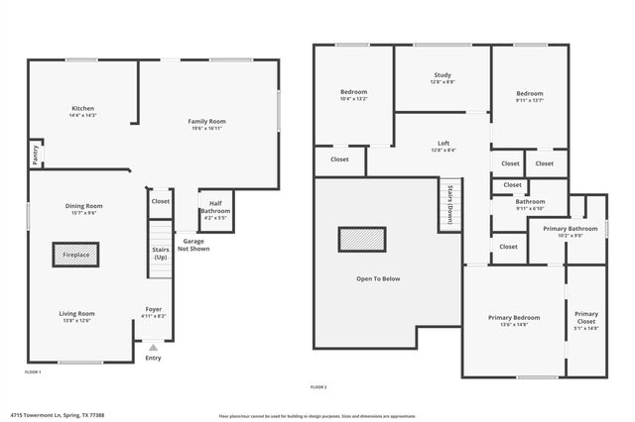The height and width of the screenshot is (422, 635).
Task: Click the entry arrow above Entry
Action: point(153,348)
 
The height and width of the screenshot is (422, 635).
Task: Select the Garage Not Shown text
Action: point(193,245)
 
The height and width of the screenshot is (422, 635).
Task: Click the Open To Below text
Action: point(378,278)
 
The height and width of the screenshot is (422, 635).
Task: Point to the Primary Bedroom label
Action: point(514,320)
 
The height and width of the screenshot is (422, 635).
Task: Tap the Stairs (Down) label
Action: point(449,203)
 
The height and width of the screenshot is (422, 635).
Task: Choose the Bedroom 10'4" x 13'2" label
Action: point(354,95)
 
